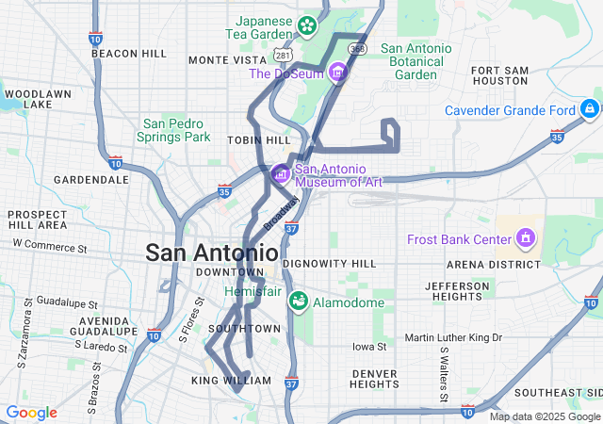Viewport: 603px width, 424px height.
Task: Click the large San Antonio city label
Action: pyautogui.click(x=211, y=253)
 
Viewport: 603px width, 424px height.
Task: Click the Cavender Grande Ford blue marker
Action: pyautogui.click(x=590, y=108)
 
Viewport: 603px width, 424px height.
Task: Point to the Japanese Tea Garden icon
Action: pyautogui.click(x=307, y=25)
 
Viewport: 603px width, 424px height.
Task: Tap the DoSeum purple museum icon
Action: pyautogui.click(x=337, y=73)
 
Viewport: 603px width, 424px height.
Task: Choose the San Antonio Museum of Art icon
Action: pyautogui.click(x=280, y=174)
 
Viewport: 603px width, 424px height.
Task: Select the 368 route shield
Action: pyautogui.click(x=356, y=48)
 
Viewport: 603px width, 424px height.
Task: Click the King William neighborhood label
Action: pyautogui.click(x=231, y=381)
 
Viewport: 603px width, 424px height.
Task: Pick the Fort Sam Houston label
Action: pyautogui.click(x=499, y=75)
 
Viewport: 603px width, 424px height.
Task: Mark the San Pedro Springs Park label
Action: pyautogui.click(x=176, y=130)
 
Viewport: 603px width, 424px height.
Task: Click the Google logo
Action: pyautogui.click(x=31, y=413)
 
